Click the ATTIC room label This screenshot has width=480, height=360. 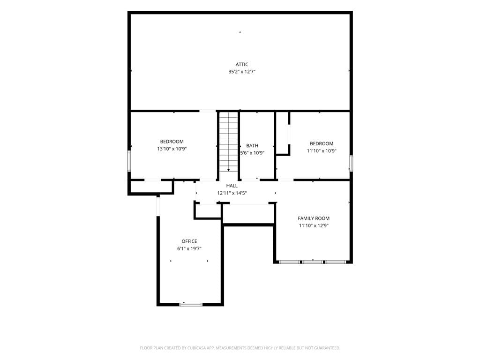[241, 64]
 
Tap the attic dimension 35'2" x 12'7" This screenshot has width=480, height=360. [241, 72]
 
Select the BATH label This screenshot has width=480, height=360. [252, 146]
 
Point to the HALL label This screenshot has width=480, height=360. [232, 186]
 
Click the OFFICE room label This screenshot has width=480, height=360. [189, 241]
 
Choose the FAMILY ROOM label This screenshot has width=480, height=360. [314, 218]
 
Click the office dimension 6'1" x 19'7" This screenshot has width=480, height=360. [189, 248]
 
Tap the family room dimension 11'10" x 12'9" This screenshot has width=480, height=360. [314, 225]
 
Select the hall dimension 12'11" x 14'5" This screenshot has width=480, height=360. [232, 193]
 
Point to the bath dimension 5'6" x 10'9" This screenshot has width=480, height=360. [252, 153]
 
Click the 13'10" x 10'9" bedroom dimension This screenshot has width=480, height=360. [172, 149]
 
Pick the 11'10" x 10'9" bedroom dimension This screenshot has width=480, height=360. [322, 151]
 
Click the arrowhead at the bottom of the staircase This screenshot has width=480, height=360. [228, 170]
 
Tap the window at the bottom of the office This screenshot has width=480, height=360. [191, 304]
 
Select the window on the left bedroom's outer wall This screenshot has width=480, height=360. [129, 161]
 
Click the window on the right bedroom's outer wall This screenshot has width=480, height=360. [351, 163]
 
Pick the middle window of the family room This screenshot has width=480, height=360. [313, 262]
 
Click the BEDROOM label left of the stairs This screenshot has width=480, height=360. [172, 142]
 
